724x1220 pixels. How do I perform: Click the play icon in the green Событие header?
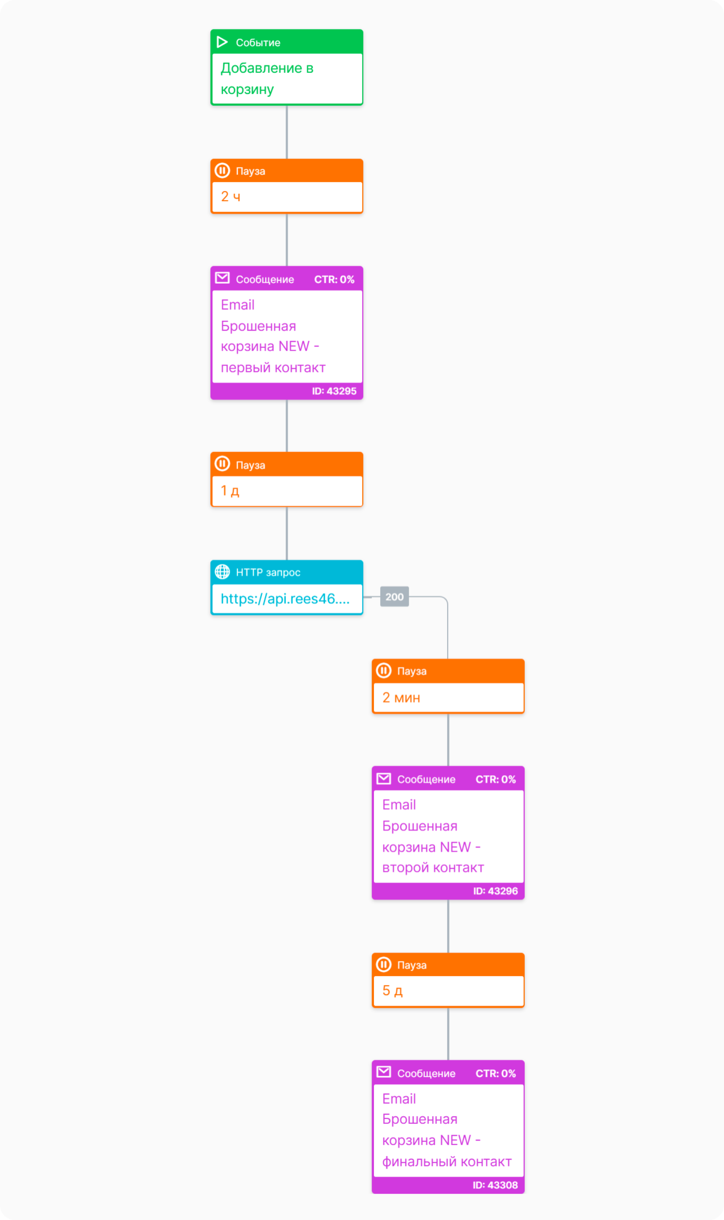pos(222,42)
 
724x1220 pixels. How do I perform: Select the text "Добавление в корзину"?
pos(267,79)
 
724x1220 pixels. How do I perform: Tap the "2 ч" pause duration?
pos(230,197)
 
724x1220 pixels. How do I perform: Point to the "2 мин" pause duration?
pos(401,698)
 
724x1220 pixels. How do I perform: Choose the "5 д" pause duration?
pos(392,991)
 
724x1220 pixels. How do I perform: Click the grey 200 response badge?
pos(394,597)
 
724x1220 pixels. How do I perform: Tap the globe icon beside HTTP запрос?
pos(223,572)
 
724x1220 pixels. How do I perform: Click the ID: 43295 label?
pos(334,391)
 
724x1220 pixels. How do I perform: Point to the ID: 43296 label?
pos(495,891)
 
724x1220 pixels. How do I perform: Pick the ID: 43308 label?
pos(495,1186)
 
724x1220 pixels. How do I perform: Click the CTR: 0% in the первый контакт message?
pos(334,280)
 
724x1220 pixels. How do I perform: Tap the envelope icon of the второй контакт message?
pos(384,779)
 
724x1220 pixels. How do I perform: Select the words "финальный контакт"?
pos(447,1162)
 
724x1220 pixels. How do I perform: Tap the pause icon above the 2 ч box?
pos(223,171)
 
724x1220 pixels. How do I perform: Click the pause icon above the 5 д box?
pos(384,964)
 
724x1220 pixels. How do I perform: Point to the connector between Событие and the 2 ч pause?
pos(287,132)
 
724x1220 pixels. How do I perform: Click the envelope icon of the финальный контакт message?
pos(384,1072)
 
